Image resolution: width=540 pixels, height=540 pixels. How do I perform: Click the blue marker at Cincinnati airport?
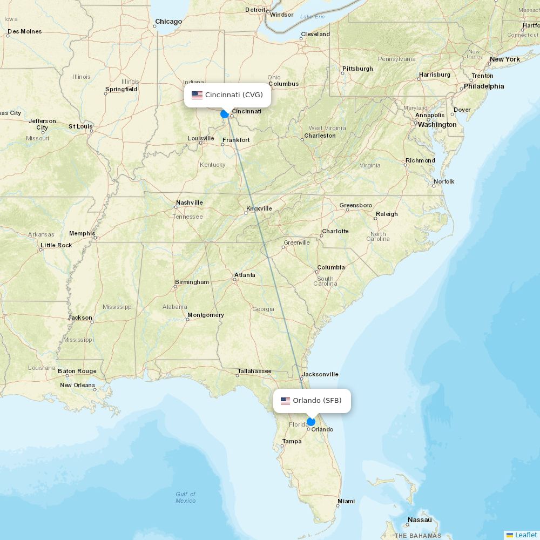tap(225, 114)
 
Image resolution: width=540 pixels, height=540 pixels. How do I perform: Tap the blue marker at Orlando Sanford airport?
tap(311, 422)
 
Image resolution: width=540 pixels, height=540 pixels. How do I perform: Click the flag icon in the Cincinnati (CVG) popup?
tap(197, 95)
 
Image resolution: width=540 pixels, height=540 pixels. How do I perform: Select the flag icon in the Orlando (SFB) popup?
tap(285, 401)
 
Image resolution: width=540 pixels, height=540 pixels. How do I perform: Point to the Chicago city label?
tap(168, 22)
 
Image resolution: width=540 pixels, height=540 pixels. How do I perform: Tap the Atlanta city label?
tap(245, 275)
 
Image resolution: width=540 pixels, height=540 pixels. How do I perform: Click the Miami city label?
tap(346, 501)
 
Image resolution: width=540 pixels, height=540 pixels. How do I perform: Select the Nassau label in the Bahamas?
tap(420, 520)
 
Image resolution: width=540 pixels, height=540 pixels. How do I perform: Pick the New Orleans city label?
tap(77, 385)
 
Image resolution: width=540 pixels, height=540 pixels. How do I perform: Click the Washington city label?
tap(437, 125)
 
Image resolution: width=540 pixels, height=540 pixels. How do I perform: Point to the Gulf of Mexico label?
tap(186, 497)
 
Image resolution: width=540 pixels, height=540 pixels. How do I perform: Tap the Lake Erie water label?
tap(313, 17)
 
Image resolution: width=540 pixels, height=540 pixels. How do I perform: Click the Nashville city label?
tap(189, 203)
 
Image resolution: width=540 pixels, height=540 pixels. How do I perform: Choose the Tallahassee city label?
tap(254, 371)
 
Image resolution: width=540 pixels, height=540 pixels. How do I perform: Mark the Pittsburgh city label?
tap(357, 69)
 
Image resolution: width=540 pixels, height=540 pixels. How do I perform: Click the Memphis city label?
tap(82, 234)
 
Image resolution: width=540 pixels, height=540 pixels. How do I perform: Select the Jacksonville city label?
tap(320, 374)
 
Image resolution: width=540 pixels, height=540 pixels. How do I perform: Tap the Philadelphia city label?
tap(484, 86)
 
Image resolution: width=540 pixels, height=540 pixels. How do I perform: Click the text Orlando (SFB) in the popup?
tap(317, 401)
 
